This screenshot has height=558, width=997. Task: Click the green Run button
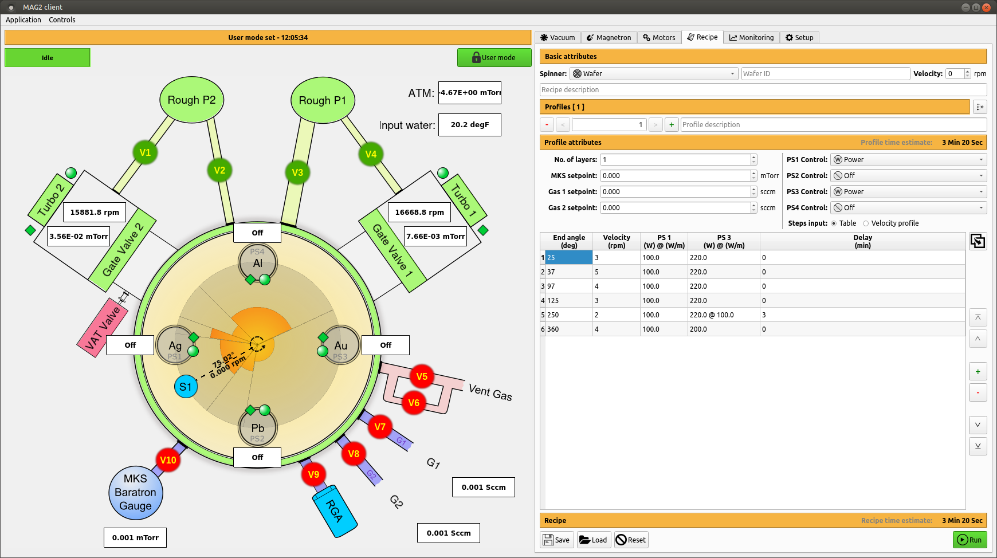pos(969,540)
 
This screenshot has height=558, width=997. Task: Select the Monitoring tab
pos(751,38)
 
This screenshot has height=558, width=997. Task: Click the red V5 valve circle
pos(422,376)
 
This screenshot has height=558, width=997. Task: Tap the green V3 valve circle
pos(297,172)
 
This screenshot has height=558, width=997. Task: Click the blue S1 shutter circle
pos(186,387)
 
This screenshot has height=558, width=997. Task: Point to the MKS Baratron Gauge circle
pos(136,493)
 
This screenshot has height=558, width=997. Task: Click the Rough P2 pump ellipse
pos(191,100)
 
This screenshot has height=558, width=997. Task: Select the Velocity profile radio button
pos(866,223)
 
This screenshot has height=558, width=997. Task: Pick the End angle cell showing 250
pos(567,315)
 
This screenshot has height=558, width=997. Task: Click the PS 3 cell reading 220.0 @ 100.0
pos(723,315)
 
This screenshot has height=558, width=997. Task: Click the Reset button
pos(631,540)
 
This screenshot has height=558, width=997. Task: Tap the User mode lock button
pos(494,57)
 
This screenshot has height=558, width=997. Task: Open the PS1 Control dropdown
pos(908,160)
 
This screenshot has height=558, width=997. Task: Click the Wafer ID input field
pos(825,74)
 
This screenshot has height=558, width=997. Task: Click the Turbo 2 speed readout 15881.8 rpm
pos(95,212)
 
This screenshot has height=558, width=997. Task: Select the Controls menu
pos(62,20)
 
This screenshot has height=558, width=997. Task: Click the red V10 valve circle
pos(168,460)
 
